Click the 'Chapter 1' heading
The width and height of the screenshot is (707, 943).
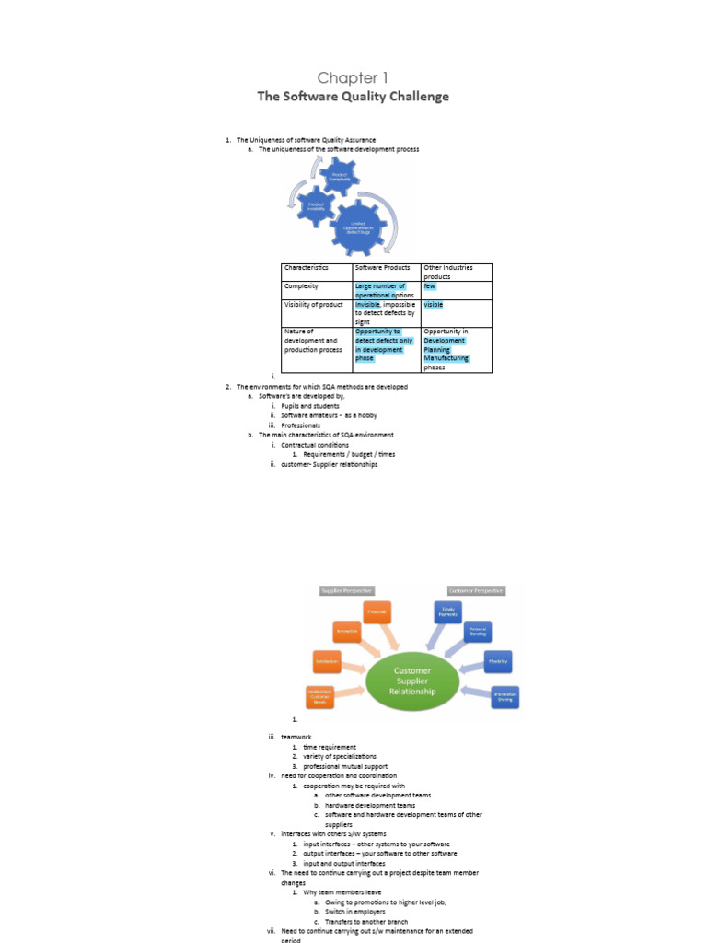click(347, 78)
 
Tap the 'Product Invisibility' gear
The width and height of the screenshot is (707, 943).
click(315, 206)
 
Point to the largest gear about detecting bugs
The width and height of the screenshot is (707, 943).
click(354, 226)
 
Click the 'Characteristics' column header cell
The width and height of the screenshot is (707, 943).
click(306, 268)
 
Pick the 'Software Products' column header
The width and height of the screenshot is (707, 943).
click(383, 268)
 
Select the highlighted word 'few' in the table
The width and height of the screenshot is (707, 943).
click(430, 286)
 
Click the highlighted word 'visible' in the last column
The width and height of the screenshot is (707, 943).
click(434, 304)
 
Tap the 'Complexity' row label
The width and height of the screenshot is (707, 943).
click(301, 286)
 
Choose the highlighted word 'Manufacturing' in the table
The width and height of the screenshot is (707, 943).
click(446, 358)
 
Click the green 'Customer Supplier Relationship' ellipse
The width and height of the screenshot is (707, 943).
click(411, 681)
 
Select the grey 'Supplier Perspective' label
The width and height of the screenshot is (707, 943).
click(347, 590)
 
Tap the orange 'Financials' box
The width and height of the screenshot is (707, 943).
click(376, 611)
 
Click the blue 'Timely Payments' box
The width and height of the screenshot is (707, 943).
click(447, 611)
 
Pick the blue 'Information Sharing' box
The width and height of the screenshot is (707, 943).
click(504, 695)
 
